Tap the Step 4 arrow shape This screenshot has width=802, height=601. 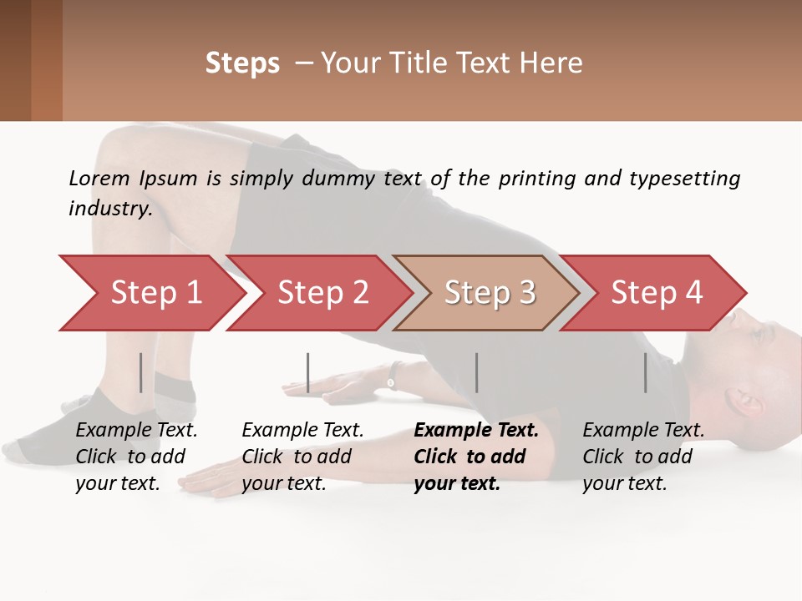(656, 293)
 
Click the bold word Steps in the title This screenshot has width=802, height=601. (242, 63)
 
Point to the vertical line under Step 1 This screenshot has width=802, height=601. (141, 372)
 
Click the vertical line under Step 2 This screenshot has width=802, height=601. (308, 372)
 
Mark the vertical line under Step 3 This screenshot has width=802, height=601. (477, 372)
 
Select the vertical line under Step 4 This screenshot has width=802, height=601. (646, 372)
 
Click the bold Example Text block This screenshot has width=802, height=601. (476, 457)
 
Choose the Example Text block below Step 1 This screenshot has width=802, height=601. (136, 457)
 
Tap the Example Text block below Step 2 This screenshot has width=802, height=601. (302, 457)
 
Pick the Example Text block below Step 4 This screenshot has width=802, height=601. (643, 457)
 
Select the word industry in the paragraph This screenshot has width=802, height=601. (109, 208)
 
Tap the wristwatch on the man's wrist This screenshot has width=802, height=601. (391, 381)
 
